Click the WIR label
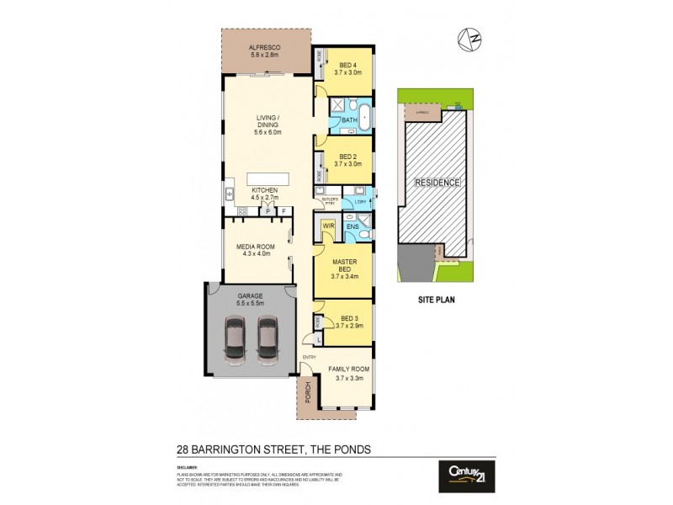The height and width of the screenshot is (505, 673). [328, 226]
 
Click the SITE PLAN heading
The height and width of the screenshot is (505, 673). [436, 299]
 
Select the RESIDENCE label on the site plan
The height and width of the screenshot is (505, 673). [436, 183]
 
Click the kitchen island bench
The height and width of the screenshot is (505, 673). [267, 179]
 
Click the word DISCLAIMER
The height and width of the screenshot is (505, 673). [187, 466]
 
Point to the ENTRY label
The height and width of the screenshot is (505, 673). [309, 357]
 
